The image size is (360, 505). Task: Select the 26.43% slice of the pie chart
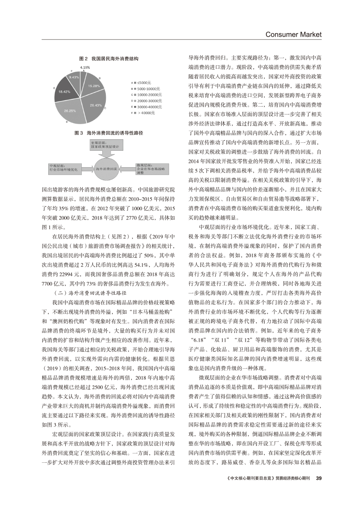(x=97, y=104)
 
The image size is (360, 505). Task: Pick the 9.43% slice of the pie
(x=74, y=77)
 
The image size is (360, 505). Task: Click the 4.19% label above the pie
(x=85, y=67)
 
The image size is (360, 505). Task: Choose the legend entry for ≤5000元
(x=143, y=82)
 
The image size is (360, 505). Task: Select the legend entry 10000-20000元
(x=148, y=94)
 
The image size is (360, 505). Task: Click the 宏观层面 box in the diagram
(x=107, y=145)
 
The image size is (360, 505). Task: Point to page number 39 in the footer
(x=318, y=478)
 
